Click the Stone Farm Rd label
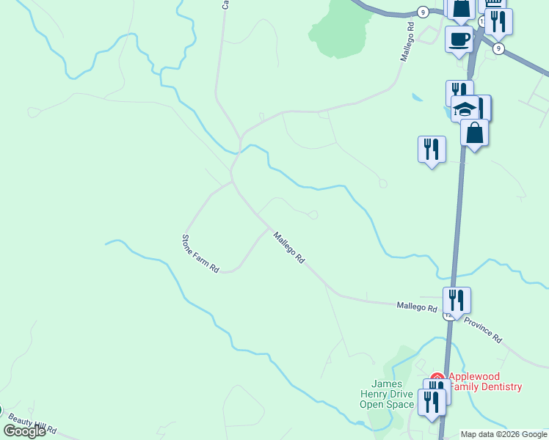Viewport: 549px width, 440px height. [x=200, y=254]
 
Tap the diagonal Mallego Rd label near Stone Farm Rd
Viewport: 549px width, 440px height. [x=288, y=248]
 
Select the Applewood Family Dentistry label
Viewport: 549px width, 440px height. [x=485, y=382]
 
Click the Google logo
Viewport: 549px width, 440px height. [x=24, y=431]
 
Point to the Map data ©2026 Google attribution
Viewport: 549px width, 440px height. [x=504, y=434]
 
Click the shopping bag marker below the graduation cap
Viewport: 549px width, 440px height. [x=475, y=133]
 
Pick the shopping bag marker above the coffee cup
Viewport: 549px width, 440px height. [x=462, y=9]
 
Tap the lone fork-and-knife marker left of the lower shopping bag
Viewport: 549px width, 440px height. [x=431, y=149]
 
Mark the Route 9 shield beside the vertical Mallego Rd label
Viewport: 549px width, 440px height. [x=422, y=11]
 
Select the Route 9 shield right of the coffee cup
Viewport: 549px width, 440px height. [x=499, y=48]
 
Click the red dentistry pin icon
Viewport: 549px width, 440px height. [x=437, y=378]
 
